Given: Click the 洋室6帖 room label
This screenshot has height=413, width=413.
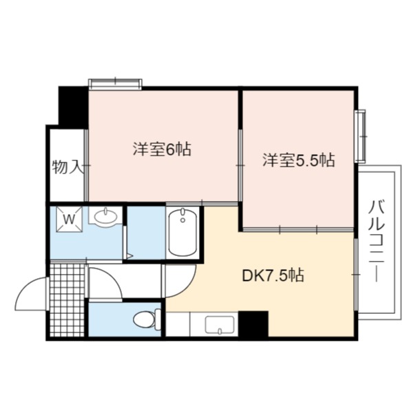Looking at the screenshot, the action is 162,149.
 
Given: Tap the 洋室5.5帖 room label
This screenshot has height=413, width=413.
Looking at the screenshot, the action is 299,160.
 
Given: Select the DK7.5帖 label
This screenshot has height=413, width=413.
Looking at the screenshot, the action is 273,275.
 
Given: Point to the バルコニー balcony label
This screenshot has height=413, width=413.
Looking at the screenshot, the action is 377,241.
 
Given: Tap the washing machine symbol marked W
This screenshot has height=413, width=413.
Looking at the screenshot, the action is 69,219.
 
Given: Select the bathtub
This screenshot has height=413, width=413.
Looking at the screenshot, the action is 182,233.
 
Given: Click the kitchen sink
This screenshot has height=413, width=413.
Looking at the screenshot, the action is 220,326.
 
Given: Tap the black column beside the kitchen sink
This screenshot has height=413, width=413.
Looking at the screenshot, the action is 253,324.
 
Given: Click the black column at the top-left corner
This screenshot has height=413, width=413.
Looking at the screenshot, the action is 73,105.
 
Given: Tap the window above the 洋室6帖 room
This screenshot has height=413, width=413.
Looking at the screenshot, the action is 115,83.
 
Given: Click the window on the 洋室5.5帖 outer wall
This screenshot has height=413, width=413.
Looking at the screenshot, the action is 360,136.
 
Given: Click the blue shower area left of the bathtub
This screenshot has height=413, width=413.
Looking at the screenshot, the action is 147,233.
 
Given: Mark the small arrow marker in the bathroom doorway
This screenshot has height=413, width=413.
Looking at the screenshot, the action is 129,255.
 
